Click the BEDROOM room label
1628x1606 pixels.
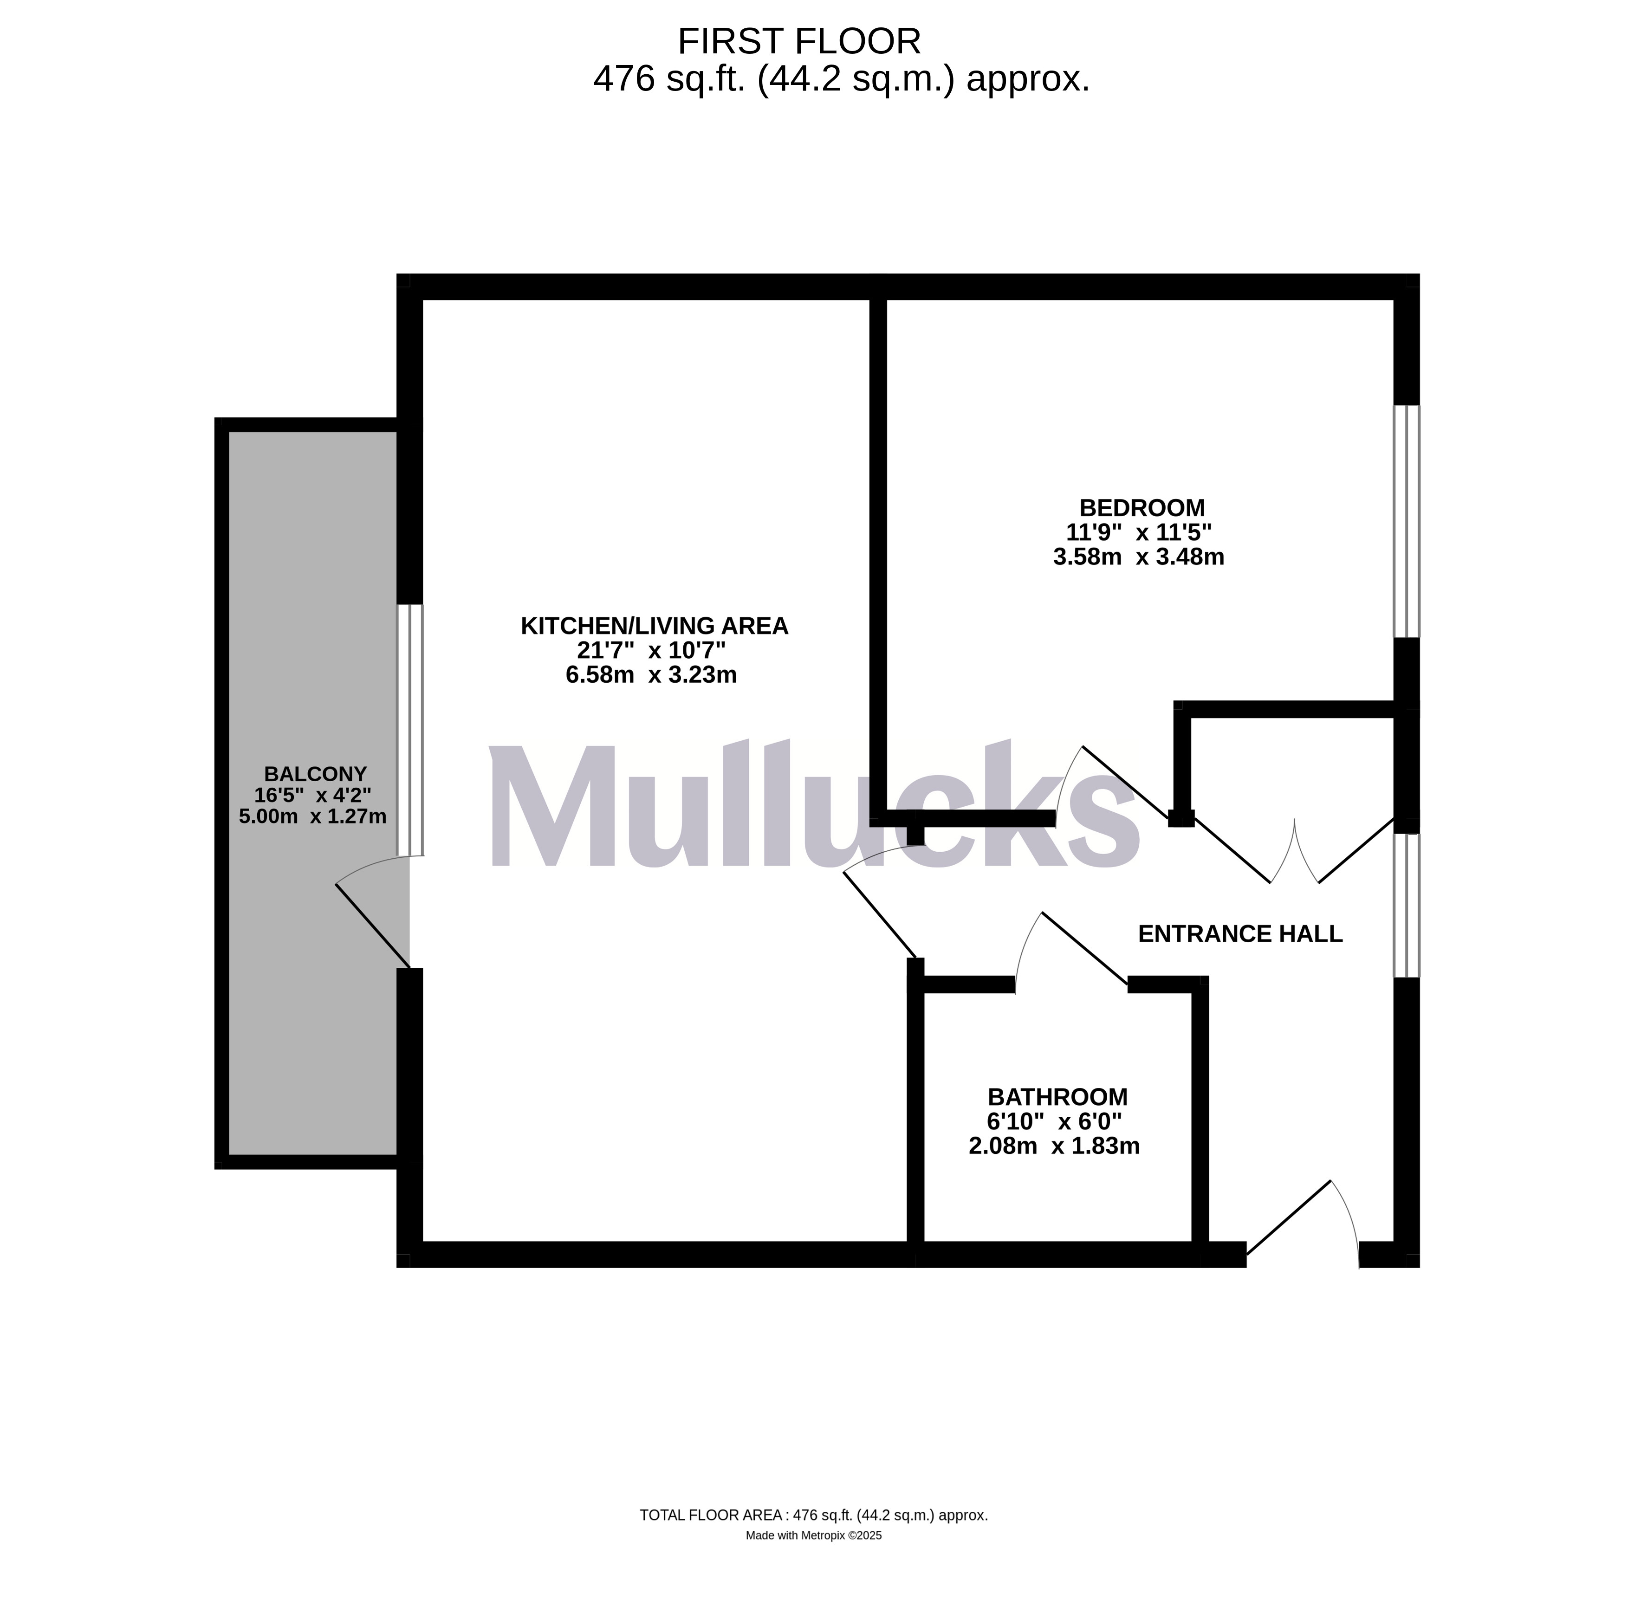[1142, 508]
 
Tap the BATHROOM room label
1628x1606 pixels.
[1057, 1097]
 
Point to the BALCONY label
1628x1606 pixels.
[315, 773]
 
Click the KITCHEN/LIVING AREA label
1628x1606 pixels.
[655, 626]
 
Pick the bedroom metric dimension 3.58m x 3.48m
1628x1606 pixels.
[1138, 557]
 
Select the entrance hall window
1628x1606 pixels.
[1407, 906]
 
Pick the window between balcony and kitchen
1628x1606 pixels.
[409, 730]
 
